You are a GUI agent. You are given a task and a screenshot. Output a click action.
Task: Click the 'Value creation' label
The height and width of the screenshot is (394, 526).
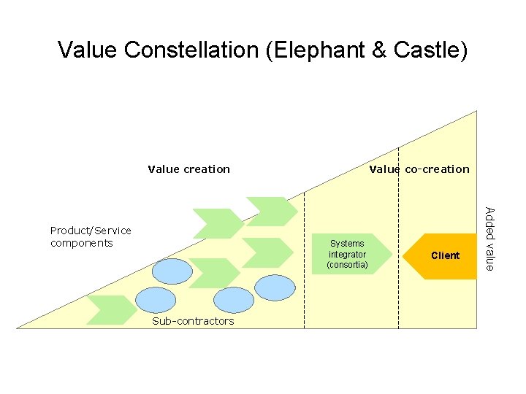[188, 169]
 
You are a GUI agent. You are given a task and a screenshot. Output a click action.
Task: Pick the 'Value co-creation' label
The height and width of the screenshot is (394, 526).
[419, 169]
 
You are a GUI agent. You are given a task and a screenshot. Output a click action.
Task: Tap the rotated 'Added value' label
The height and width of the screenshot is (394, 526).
[490, 239]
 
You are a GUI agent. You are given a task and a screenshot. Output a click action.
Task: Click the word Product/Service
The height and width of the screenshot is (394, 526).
[91, 231]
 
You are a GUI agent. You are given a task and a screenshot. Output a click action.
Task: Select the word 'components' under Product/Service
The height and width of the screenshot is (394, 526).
[82, 243]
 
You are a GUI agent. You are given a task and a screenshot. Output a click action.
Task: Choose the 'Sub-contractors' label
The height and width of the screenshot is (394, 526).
[193, 321]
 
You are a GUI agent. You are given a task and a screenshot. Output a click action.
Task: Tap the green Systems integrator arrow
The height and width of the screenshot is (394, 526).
[348, 254]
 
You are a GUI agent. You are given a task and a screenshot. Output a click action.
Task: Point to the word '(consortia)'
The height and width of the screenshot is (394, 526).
[348, 264]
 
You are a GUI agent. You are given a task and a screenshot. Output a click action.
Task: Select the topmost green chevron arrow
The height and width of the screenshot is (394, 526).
[271, 210]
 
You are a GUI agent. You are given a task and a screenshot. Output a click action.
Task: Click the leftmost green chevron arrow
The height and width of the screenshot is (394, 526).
[110, 309]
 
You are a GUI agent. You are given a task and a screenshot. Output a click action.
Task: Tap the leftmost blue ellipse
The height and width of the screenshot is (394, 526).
[156, 299]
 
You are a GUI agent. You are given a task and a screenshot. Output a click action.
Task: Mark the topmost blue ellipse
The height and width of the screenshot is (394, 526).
[173, 271]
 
